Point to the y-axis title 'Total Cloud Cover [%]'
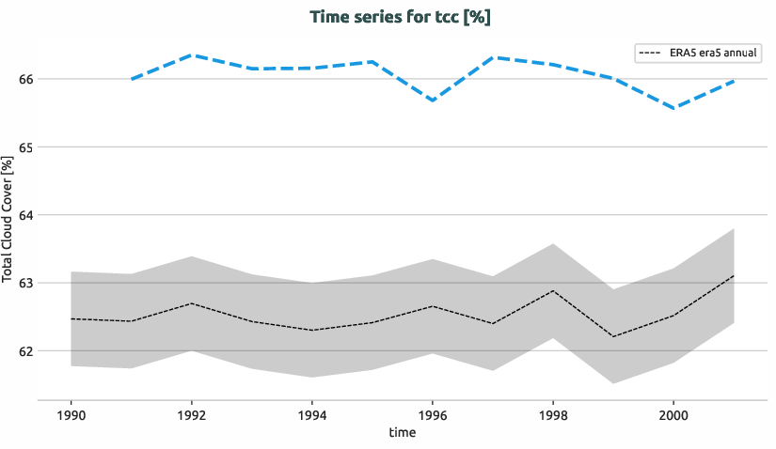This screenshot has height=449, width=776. click(x=8, y=222)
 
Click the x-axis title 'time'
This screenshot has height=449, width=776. click(x=402, y=433)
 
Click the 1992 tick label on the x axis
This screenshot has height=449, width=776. click(x=192, y=415)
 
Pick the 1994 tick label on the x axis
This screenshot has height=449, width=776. click(x=312, y=415)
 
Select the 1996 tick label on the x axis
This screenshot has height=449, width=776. click(x=433, y=415)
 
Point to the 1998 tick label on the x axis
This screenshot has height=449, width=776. click(x=553, y=415)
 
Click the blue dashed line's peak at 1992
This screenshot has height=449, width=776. click(x=192, y=55)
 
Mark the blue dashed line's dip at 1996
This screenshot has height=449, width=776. click(x=433, y=101)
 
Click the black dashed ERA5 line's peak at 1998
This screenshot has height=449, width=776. click(x=553, y=290)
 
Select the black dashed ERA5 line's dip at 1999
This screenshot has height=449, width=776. click(x=613, y=336)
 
